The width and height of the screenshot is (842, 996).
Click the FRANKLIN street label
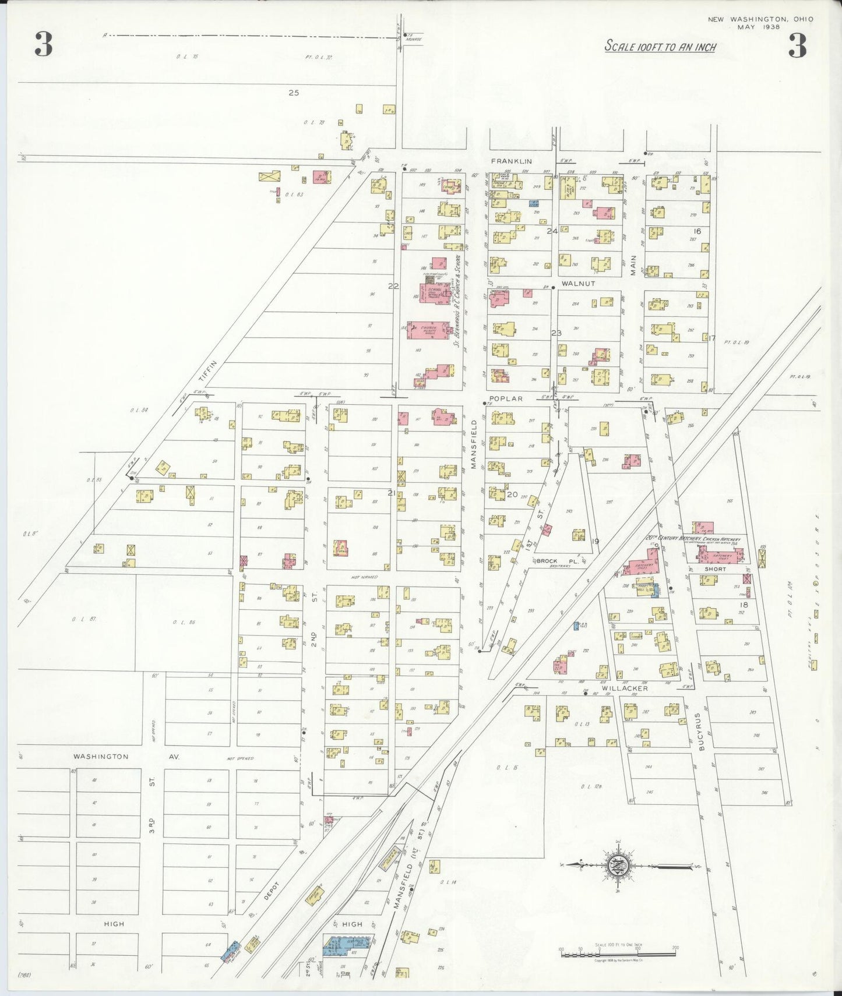[x=511, y=161]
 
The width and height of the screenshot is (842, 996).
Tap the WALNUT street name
[x=578, y=284]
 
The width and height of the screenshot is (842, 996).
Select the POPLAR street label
[x=505, y=399]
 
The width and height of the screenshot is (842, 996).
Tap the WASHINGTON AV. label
[x=126, y=757]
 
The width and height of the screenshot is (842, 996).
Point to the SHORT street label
[x=715, y=568]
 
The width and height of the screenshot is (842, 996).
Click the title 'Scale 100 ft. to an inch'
[x=660, y=47]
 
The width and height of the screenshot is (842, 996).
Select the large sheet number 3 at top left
[x=43, y=44]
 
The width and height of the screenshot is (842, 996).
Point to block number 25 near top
[x=294, y=93]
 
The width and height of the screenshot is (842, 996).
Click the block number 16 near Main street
[x=697, y=231]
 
